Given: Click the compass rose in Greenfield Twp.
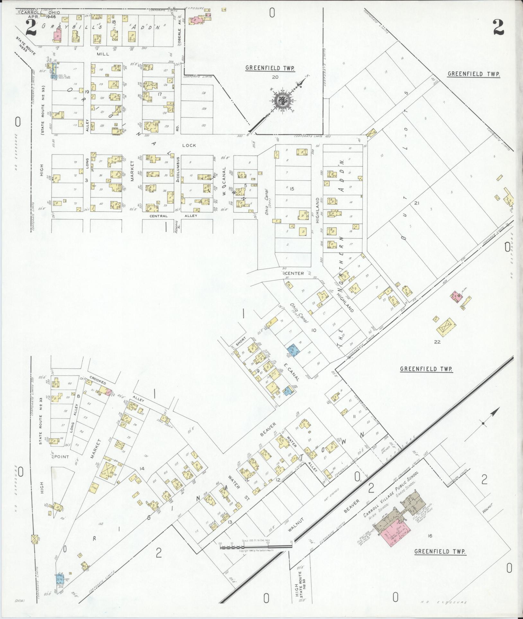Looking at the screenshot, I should [282, 100].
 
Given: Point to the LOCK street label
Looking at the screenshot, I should [189, 145].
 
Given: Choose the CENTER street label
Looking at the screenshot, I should [296, 273].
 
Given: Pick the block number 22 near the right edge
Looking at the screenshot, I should [437, 342].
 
